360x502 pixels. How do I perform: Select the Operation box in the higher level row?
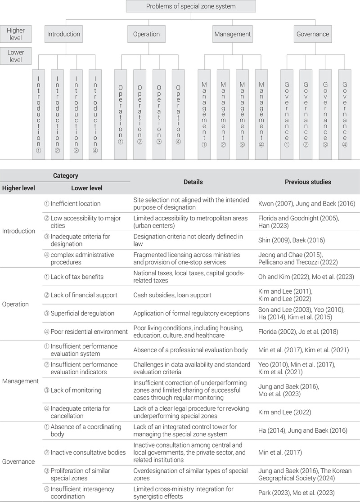[x=146, y=34]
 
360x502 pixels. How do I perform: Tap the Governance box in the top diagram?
[x=312, y=34]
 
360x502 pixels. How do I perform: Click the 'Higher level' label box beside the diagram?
[x=16, y=34]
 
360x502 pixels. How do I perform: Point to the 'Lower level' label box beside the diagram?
[x=16, y=56]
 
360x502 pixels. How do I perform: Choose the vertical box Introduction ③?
[x=76, y=114]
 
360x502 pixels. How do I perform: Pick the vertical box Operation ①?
[x=121, y=114]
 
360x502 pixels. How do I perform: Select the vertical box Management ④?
[x=261, y=114]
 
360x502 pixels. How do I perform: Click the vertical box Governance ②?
[x=306, y=114]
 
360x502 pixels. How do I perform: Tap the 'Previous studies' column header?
[x=308, y=182]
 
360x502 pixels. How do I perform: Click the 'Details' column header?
[x=193, y=182]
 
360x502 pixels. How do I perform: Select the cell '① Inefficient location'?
[x=72, y=203]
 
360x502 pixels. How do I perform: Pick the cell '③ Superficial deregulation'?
[x=79, y=313]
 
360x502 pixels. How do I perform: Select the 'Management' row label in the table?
[x=20, y=381]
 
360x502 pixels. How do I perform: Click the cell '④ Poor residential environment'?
[x=85, y=332]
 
